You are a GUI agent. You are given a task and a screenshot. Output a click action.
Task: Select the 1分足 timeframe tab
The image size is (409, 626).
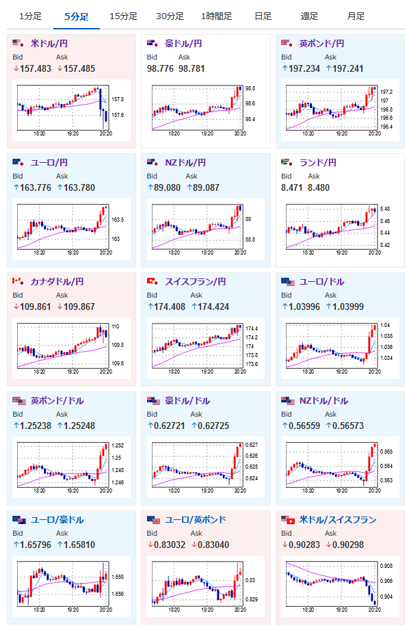pos(30,16)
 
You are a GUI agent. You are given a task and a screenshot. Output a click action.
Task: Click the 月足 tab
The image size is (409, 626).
pos(356,16)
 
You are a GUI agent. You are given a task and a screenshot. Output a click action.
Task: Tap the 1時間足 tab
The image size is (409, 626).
pos(216,16)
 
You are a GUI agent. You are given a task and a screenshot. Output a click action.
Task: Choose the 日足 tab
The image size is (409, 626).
pos(263,16)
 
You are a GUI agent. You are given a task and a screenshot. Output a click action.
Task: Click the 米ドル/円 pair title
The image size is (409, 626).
pos(49,44)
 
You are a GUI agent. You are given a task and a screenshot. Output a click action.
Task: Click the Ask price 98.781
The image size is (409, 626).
pos(192,68)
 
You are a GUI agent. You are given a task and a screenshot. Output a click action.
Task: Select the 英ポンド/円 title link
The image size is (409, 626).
pos(321,44)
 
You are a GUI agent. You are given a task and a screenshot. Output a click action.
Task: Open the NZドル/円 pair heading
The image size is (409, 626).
pos(185,163)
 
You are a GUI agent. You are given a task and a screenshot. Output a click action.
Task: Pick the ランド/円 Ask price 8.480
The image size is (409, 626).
pos(319,187)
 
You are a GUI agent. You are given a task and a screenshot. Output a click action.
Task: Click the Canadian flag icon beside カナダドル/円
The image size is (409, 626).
pos(18,281)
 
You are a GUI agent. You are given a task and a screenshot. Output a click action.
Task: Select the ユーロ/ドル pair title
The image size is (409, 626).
pos(321,281)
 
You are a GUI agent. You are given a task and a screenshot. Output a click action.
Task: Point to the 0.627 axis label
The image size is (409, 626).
pos(252,445)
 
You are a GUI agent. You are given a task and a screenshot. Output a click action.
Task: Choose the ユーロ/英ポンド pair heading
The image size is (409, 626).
pos(196,519)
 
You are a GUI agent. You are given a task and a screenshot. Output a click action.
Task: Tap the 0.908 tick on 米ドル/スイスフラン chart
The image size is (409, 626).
pos(386,566)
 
